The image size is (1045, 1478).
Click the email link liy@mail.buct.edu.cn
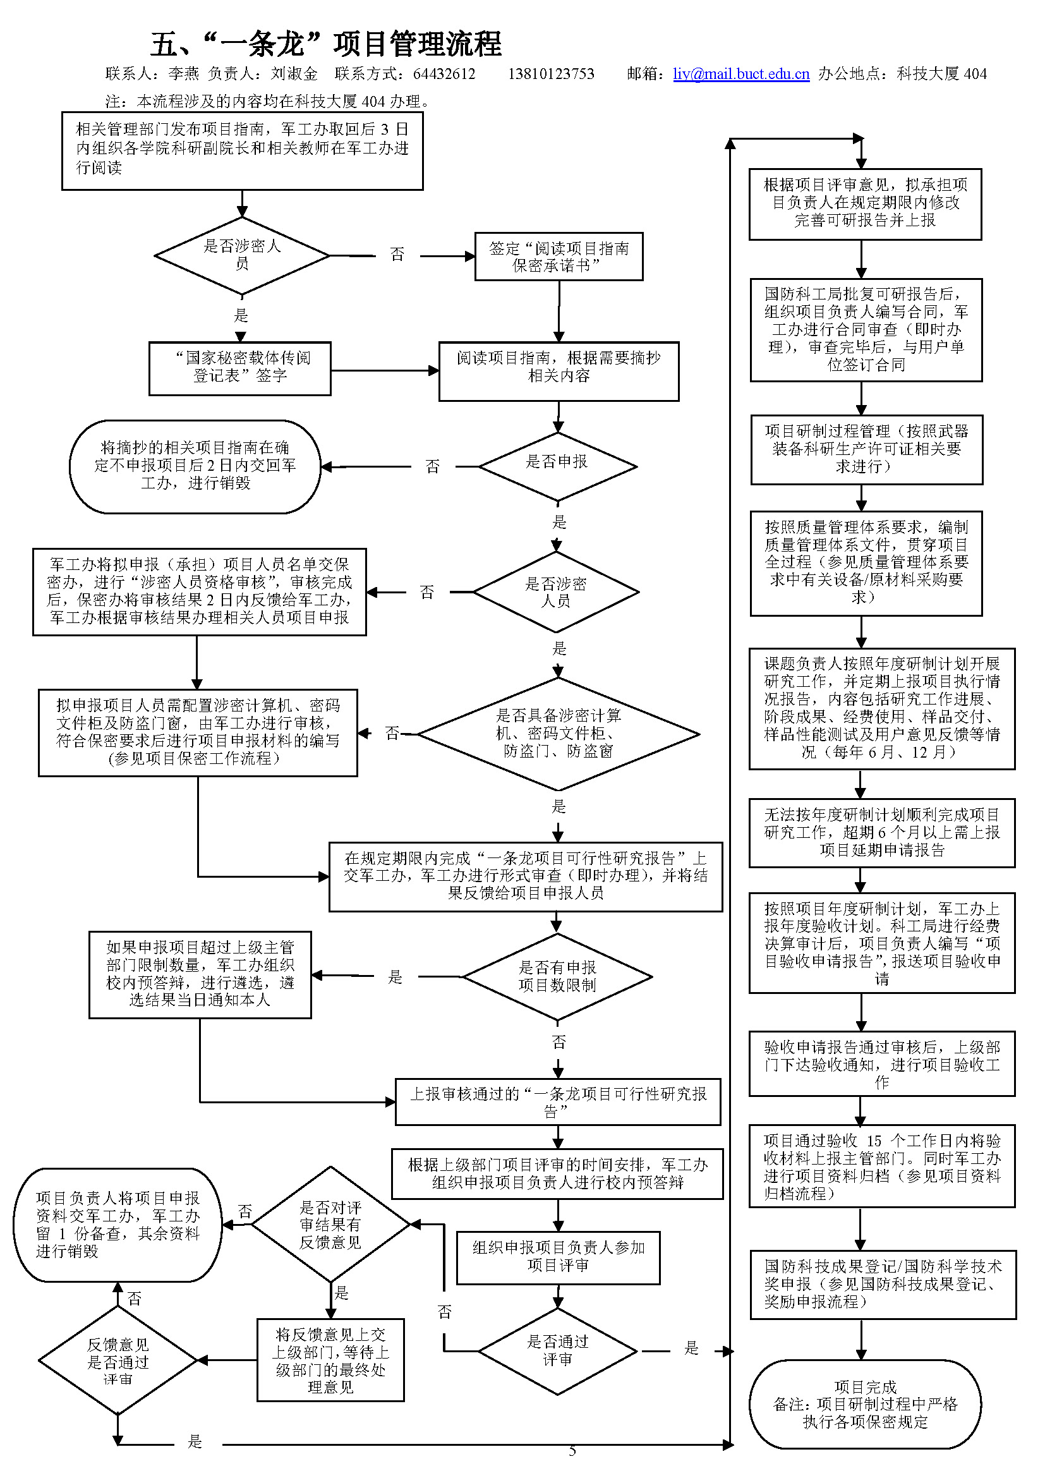pos(740,74)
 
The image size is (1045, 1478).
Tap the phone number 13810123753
pos(551,74)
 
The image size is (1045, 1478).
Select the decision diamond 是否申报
pos(557,466)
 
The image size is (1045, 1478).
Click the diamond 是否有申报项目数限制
pos(557,976)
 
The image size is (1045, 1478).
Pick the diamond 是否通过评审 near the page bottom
pos(557,1350)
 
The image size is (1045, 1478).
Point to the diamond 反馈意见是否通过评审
pos(118,1361)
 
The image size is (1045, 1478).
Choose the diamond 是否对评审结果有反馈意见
pos(330,1225)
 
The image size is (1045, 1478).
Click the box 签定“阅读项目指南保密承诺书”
pos(559,256)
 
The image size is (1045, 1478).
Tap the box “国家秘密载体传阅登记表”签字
pos(240,368)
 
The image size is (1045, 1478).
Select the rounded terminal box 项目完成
pos(865,1404)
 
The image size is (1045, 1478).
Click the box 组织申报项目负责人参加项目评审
pos(558,1257)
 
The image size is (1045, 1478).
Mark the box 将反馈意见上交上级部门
pos(330,1360)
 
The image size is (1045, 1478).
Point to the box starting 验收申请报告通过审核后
pos(881,1064)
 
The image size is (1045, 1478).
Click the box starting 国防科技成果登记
pos(882,1284)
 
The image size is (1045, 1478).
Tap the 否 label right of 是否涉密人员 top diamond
pos(397,255)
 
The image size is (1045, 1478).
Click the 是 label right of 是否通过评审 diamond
pos(691,1348)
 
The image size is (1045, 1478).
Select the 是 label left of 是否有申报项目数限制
pos(395,977)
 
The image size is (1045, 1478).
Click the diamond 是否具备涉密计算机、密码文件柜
pos(558,733)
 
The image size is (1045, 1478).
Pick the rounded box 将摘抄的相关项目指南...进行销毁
pos(195,466)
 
